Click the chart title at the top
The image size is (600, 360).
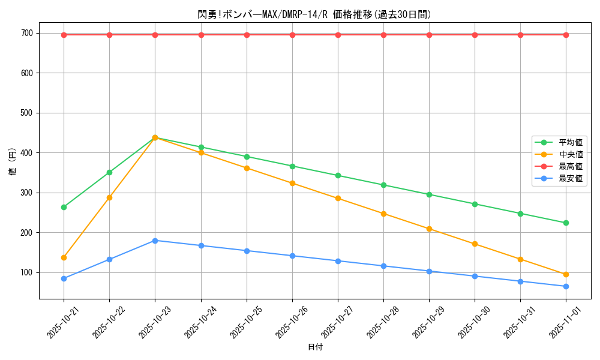click(314, 14)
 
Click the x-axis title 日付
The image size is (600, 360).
click(314, 347)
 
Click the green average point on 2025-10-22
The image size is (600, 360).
click(109, 172)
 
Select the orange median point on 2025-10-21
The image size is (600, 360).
click(64, 257)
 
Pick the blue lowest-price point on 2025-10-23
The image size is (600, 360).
click(155, 241)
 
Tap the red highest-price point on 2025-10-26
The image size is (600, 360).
click(292, 35)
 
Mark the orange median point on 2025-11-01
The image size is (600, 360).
click(566, 275)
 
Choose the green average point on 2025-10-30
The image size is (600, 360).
click(475, 204)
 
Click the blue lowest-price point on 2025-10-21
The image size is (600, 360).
click(64, 278)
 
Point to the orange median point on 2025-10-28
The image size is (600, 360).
click(383, 214)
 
